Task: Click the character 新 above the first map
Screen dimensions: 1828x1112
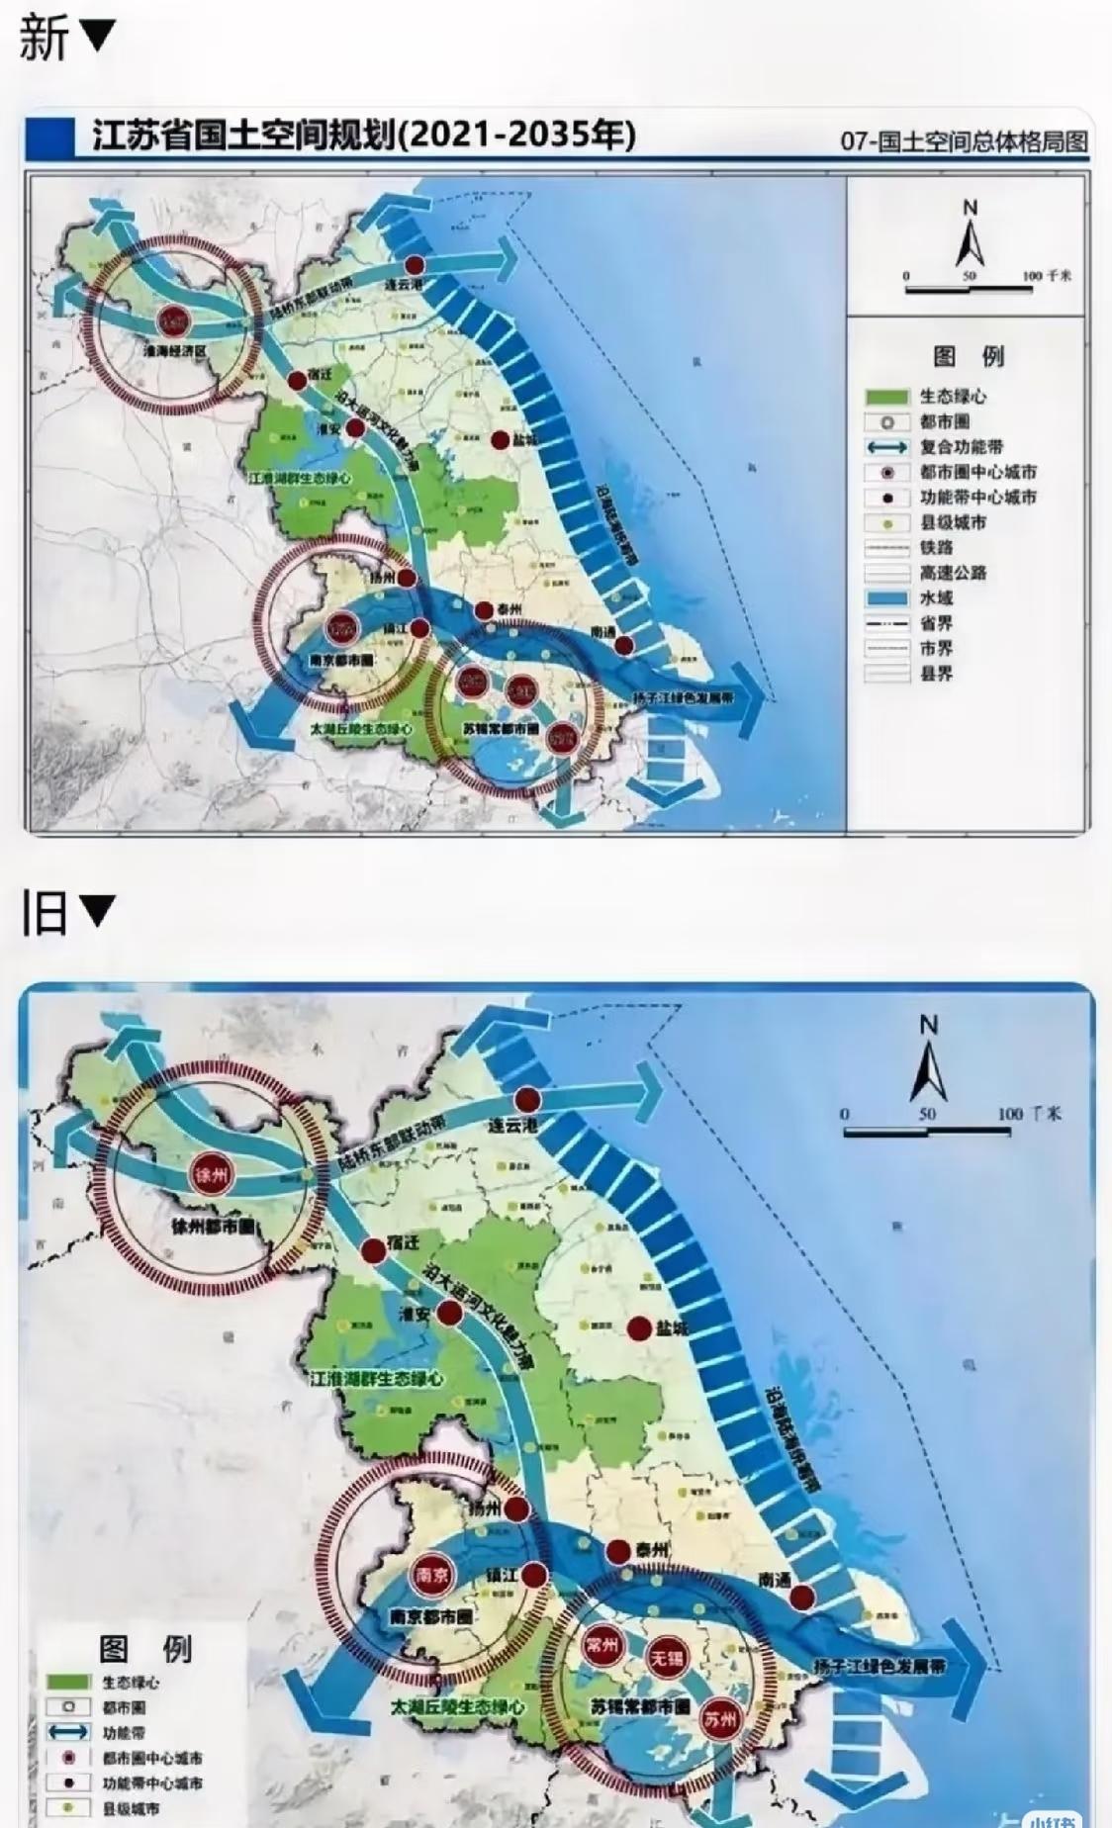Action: [x=44, y=38]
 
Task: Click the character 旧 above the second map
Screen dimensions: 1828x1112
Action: [x=44, y=912]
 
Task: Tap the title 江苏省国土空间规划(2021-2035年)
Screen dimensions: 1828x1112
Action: [x=364, y=135]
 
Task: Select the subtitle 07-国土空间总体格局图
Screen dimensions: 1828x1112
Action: [x=963, y=141]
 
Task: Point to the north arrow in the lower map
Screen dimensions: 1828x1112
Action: [x=928, y=1059]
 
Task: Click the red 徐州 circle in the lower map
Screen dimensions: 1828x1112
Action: [x=212, y=1176]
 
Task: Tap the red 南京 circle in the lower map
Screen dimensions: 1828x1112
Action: [x=432, y=1574]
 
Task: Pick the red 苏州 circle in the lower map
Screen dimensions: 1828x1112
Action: [x=721, y=1718]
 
